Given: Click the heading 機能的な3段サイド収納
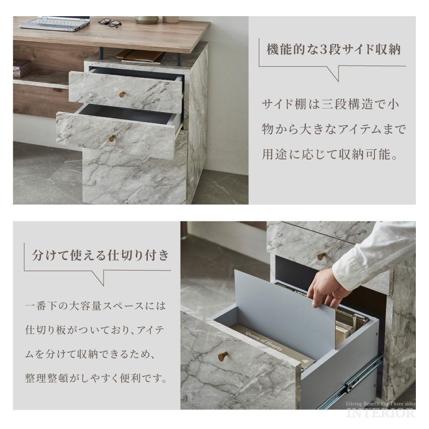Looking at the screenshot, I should [x=333, y=50].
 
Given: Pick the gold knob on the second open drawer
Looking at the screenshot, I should [x=112, y=138].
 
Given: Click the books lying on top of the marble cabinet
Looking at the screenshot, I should [x=140, y=56].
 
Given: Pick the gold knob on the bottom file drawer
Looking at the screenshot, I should [x=222, y=356].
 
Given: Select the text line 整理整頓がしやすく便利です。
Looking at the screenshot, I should [x=95, y=378].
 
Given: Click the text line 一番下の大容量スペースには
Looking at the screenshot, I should [x=95, y=306].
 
